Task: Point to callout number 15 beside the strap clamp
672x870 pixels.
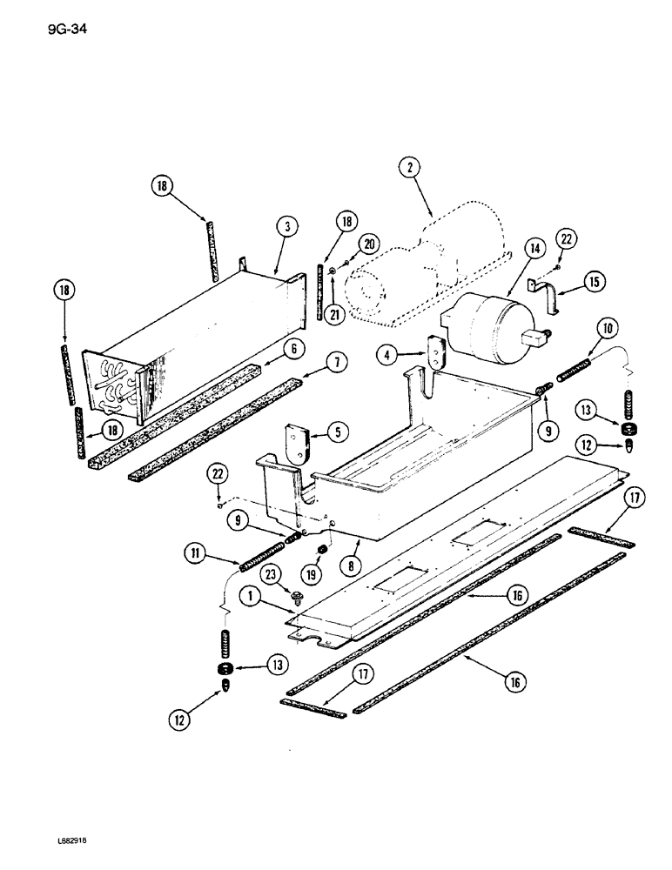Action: pyautogui.click(x=595, y=282)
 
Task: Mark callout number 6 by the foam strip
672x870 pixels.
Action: pyautogui.click(x=297, y=348)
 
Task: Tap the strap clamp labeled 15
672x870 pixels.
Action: pyautogui.click(x=546, y=298)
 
